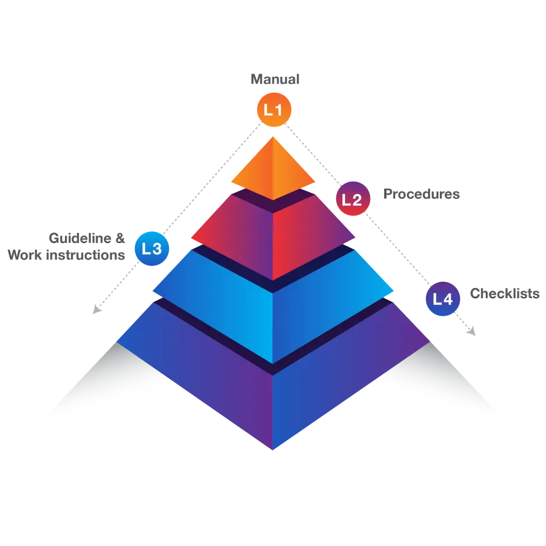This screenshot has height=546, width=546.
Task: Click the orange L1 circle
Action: click(274, 110)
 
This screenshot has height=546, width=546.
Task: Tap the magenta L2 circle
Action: click(352, 199)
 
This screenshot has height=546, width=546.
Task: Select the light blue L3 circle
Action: click(152, 248)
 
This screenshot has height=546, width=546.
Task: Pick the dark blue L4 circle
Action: click(443, 299)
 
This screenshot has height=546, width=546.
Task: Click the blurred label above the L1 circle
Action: click(275, 79)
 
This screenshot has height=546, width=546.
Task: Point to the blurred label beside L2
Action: click(422, 194)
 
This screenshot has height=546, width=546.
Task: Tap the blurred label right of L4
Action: click(505, 293)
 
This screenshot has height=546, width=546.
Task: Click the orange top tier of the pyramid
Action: click(272, 168)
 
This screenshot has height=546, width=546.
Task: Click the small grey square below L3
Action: click(96, 309)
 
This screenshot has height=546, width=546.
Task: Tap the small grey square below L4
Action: click(471, 331)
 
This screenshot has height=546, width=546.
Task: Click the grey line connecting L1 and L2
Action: click(312, 155)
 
